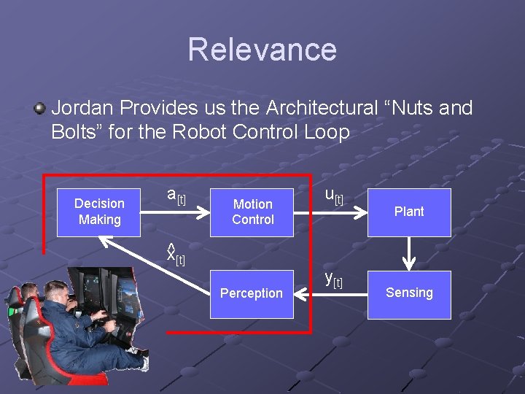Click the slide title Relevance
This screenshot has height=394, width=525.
[262, 50]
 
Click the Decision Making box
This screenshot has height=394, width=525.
[99, 212]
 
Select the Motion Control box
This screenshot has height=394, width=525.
[252, 212]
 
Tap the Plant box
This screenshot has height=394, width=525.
[408, 212]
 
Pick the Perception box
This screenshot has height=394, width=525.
[252, 293]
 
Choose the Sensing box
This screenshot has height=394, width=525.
[408, 293]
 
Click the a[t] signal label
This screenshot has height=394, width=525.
[176, 196]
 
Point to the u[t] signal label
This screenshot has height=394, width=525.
[333, 196]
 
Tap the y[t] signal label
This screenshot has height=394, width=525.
[333, 279]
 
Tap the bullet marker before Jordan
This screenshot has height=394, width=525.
[39, 109]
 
